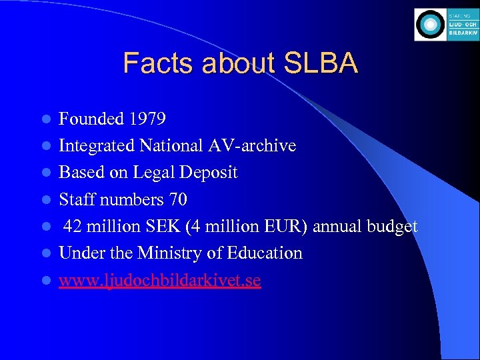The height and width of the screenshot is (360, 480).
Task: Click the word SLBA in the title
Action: (321, 63)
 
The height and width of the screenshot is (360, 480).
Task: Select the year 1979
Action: (148, 119)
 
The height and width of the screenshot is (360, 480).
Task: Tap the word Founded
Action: (92, 119)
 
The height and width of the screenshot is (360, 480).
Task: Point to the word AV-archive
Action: (251, 146)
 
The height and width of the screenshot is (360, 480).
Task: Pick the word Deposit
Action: (207, 173)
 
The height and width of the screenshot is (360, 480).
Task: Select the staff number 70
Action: (178, 199)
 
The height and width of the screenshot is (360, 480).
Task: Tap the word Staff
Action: (77, 199)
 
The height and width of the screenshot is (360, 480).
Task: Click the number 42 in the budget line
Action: (73, 227)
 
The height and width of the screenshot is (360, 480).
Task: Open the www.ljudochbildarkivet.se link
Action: (159, 281)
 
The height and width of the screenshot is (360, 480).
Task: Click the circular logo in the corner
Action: (429, 25)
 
